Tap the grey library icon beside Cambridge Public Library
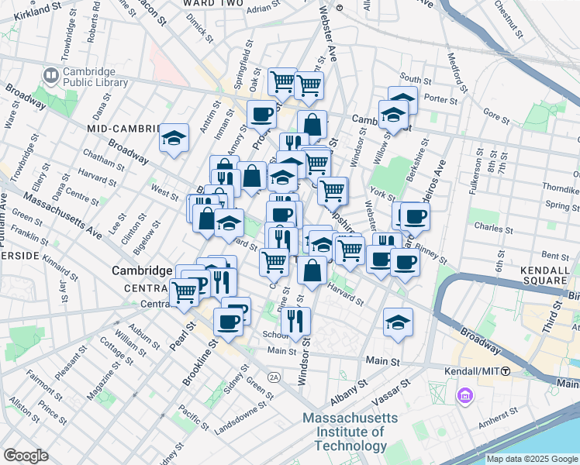click(52, 76)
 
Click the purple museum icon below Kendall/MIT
click(465, 397)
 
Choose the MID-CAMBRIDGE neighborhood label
click(122, 128)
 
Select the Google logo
click(26, 456)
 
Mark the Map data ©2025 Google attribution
click(532, 459)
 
